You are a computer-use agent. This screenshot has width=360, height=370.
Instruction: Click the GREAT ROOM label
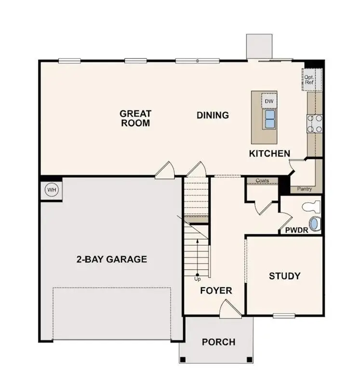coord(135,118)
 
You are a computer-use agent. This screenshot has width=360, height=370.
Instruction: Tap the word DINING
coord(213,115)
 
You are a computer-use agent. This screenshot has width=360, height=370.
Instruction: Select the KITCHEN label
coord(269,154)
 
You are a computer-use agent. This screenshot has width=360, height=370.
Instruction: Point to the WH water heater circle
coord(52,190)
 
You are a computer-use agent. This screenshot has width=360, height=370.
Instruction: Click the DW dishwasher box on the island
coord(269,101)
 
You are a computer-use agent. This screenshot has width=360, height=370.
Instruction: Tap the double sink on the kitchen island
coord(269,119)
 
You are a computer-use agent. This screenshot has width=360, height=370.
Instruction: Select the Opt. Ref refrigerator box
coord(309,79)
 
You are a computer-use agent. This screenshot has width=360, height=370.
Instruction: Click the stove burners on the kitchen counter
coord(315,123)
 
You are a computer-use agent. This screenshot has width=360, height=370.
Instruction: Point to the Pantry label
coord(305,189)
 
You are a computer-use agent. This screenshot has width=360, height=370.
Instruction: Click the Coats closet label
coord(262,181)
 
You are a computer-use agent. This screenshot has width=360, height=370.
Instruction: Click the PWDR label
coord(296,229)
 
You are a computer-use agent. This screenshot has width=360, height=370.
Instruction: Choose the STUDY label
coord(284,276)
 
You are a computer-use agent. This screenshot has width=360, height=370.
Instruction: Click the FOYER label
coord(216,291)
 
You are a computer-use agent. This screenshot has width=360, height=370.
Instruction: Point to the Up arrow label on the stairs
coord(197,278)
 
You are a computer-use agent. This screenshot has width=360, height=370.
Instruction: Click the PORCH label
coord(218,342)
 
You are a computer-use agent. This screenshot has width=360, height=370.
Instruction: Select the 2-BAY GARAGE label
coord(111,259)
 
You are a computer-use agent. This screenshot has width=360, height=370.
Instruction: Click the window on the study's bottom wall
coord(283,316)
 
